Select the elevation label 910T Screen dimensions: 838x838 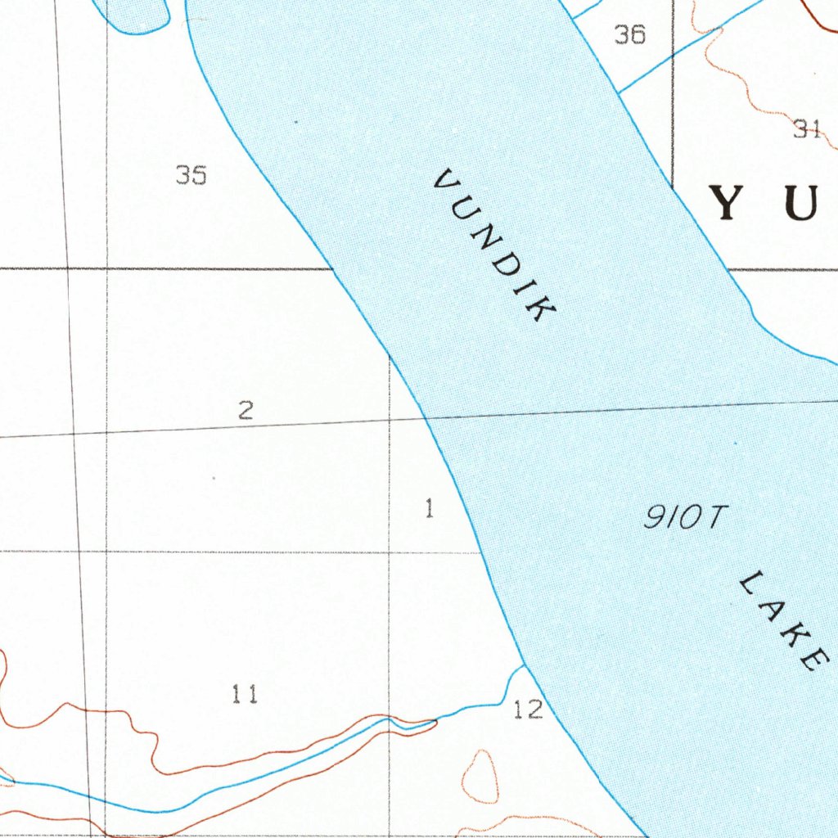(685, 517)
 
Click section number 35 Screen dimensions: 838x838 (191, 174)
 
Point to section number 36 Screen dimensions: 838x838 (629, 34)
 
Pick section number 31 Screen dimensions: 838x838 (807, 128)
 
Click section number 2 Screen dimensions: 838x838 (246, 410)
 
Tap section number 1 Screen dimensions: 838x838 (429, 509)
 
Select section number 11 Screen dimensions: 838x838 (245, 695)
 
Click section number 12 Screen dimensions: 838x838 (528, 710)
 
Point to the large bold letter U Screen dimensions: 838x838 (800, 204)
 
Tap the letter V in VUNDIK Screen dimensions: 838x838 (447, 182)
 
